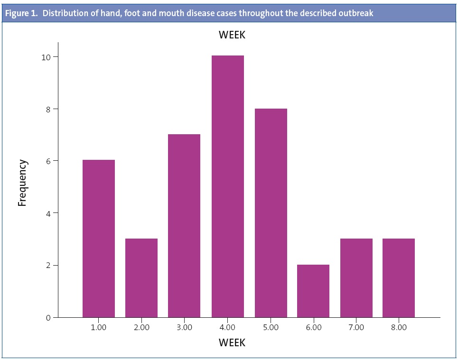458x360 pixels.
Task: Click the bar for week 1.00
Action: (x=99, y=239)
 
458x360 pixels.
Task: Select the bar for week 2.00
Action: (x=141, y=278)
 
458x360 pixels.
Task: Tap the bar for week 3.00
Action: (x=184, y=226)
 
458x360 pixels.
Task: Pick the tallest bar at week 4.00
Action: (x=227, y=186)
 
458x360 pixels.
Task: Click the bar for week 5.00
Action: (x=271, y=213)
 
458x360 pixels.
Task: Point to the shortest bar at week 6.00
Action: (x=313, y=291)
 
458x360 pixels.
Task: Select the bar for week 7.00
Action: (x=356, y=278)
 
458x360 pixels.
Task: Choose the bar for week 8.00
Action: (x=399, y=278)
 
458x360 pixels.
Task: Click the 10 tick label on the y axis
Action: (x=46, y=57)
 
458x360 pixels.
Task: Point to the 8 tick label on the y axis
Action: (x=48, y=109)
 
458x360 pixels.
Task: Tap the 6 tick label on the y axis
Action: (x=48, y=161)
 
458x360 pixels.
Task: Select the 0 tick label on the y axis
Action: (x=48, y=317)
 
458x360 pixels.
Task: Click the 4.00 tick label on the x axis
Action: (x=227, y=327)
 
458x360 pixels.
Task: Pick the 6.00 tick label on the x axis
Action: (x=313, y=327)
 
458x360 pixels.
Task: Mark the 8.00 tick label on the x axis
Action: (x=399, y=327)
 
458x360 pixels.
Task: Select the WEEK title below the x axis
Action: (x=232, y=342)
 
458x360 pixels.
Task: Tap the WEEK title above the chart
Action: (x=232, y=35)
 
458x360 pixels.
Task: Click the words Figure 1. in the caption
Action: (x=21, y=13)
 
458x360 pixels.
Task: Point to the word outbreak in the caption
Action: (x=356, y=13)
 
